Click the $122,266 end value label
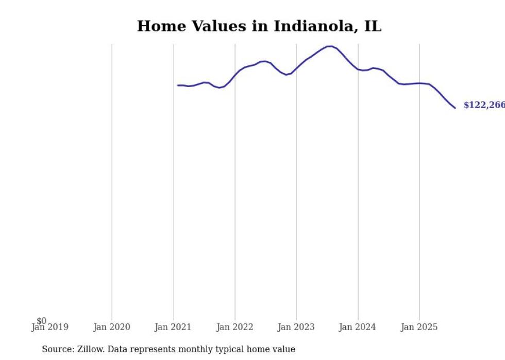coord(484,106)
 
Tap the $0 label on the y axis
coord(41,321)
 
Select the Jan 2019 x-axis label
coord(50,327)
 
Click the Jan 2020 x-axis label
coord(112,327)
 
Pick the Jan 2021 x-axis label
coord(173,327)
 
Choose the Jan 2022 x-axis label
coord(235,327)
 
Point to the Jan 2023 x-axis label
coord(296,327)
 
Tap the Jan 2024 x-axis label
coord(358,327)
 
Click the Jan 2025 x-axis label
coord(419,327)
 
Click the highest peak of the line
coord(330,46)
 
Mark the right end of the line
coord(455,108)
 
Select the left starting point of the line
coord(178,85)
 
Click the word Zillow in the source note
coord(90,349)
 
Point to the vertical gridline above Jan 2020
coord(112,180)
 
